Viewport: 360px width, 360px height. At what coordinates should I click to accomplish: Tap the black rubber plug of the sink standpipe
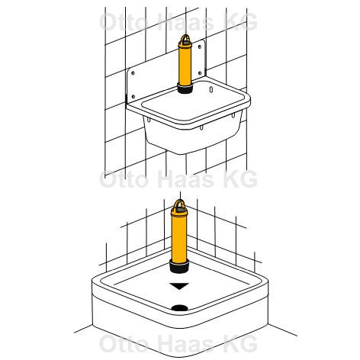185,88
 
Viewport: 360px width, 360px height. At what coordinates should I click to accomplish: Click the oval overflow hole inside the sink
211,90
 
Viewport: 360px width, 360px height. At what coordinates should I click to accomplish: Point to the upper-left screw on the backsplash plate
133,73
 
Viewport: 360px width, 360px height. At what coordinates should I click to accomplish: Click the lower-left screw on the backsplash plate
133,97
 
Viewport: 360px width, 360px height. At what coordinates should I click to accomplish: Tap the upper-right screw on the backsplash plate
200,47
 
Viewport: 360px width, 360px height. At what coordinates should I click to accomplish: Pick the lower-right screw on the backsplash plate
200,73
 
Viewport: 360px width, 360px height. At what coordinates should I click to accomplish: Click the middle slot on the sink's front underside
201,127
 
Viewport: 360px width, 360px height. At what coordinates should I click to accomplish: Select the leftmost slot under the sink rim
148,119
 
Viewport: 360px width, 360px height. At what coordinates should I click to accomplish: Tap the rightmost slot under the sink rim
233,115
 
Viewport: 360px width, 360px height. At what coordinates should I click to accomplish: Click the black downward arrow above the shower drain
179,286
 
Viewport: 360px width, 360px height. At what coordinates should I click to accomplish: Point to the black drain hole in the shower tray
179,308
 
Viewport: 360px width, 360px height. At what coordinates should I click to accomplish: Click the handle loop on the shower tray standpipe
179,201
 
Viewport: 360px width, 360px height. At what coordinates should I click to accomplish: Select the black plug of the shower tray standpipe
179,268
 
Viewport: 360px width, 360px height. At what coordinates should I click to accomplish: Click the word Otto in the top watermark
124,22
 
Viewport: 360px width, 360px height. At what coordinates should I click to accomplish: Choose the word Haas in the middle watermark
185,179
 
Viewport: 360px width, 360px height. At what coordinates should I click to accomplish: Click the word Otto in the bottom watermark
124,344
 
